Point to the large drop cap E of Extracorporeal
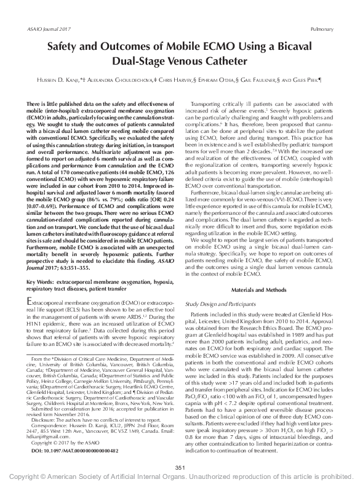pyautogui.click(x=32, y=302)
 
